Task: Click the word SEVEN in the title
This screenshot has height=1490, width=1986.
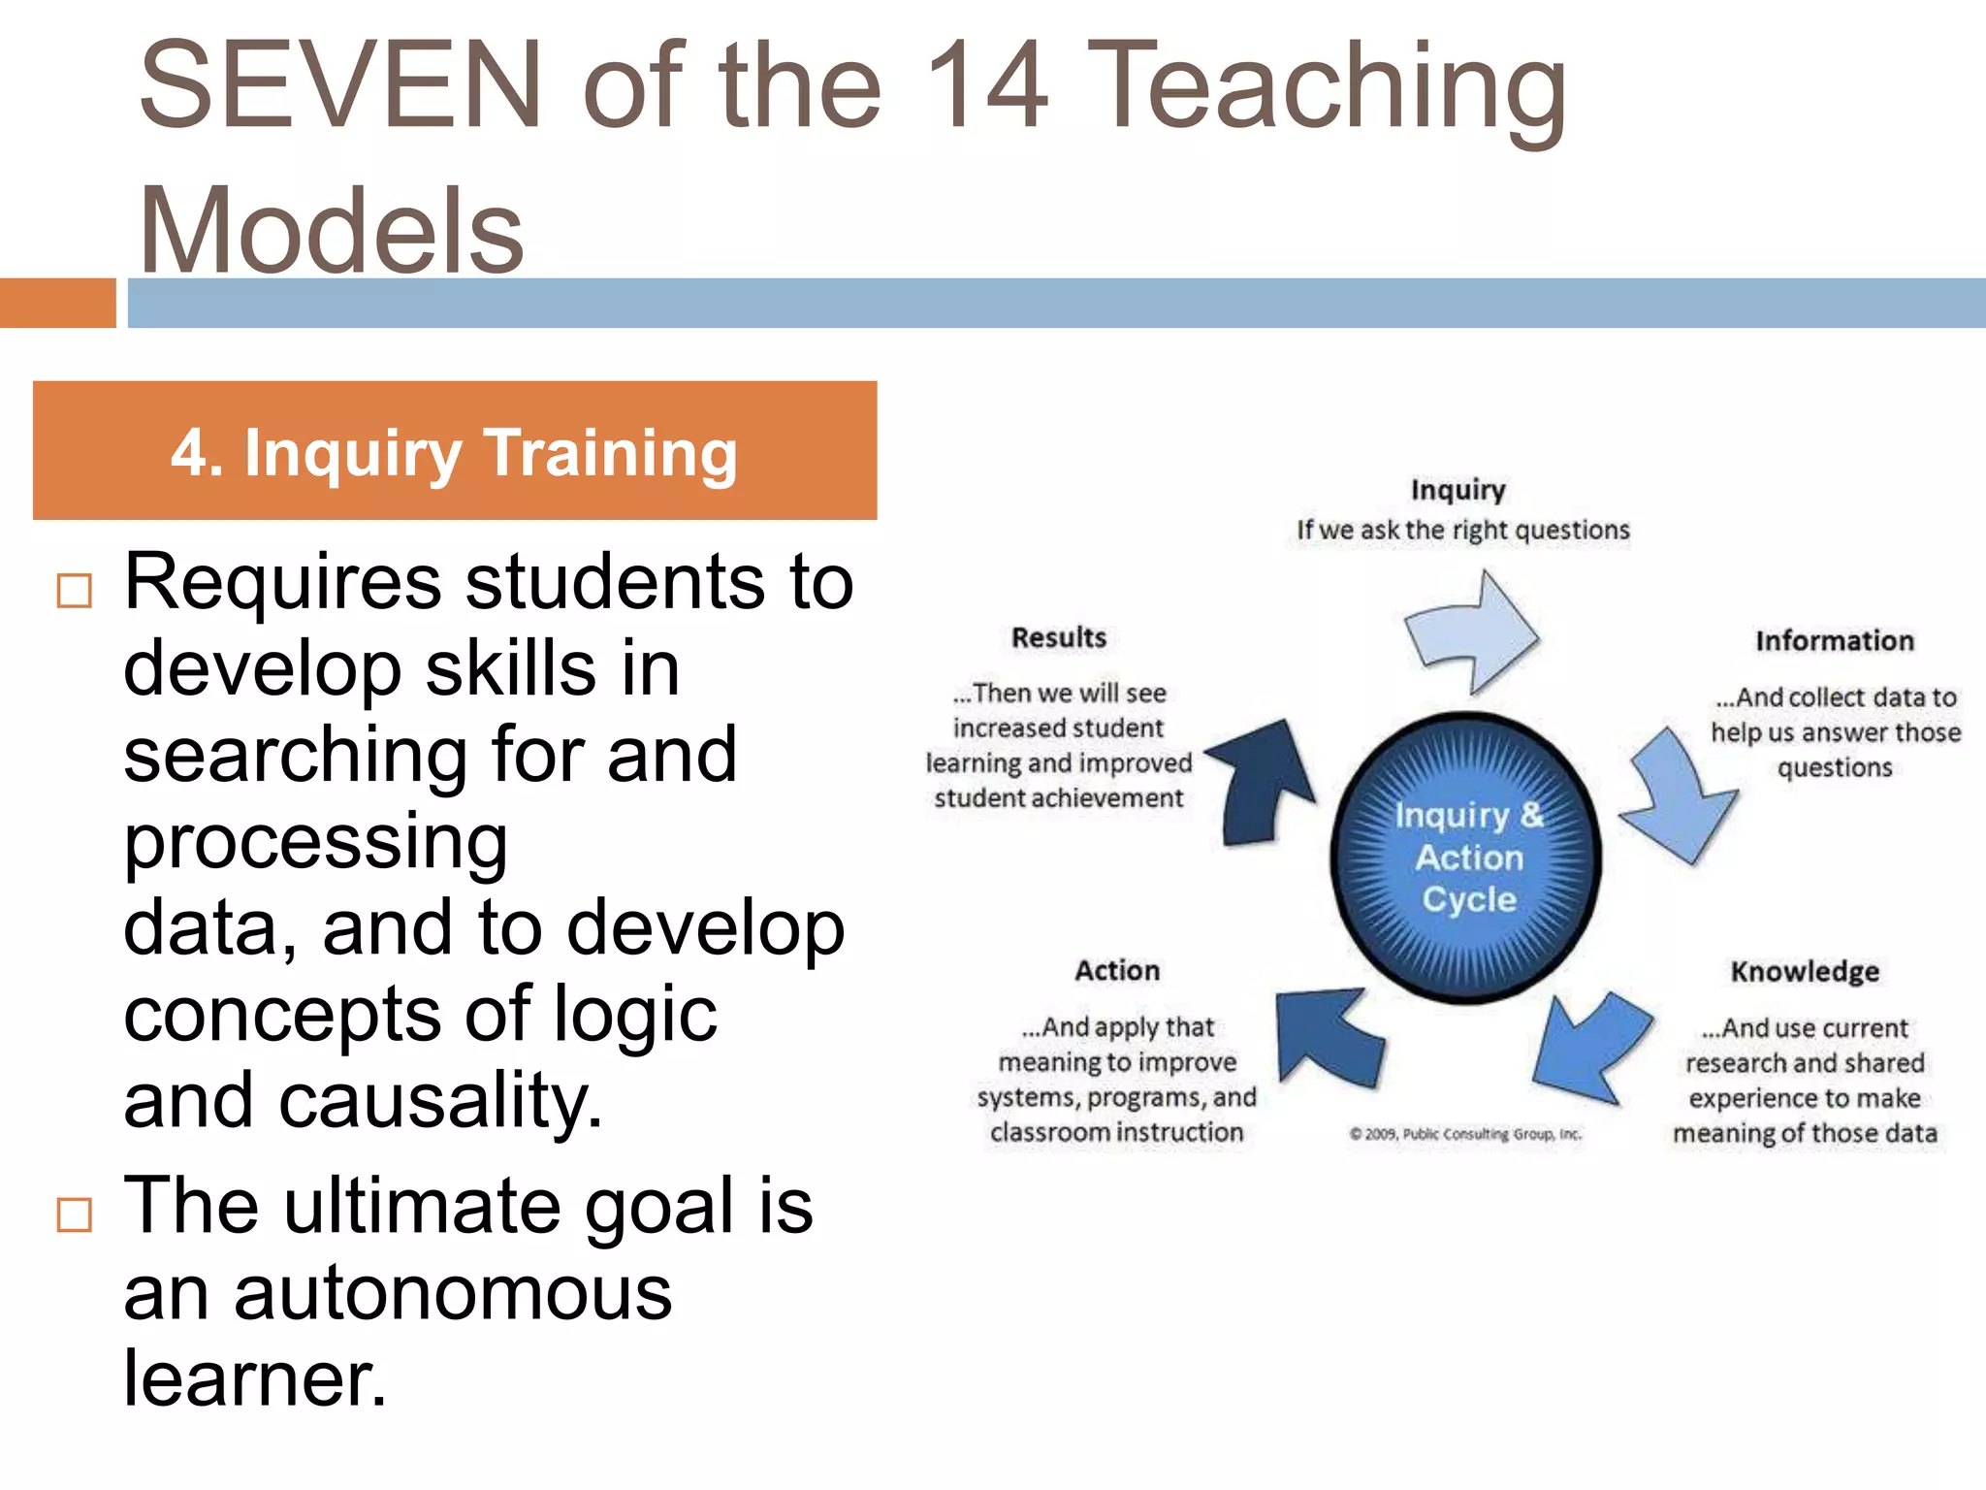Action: (339, 85)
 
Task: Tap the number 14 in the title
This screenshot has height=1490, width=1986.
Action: (985, 85)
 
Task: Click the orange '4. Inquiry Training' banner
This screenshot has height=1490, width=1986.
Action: (454, 451)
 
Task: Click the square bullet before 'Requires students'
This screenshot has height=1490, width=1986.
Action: (75, 591)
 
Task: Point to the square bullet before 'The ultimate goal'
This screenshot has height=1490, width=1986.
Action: (75, 1215)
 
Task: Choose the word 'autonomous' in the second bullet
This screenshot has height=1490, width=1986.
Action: (453, 1294)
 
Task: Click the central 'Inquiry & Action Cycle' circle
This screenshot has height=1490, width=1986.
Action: (1466, 858)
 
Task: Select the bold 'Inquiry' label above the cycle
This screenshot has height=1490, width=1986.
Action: (1457, 490)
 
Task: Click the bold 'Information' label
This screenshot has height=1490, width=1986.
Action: (1834, 641)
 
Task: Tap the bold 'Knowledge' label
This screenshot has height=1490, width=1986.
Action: (1804, 972)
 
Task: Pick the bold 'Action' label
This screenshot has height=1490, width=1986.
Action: (1116, 971)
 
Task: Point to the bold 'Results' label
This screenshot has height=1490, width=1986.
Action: (1058, 638)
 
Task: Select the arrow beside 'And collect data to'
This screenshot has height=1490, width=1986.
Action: (1681, 795)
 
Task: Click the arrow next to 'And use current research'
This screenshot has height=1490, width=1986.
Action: (1591, 1048)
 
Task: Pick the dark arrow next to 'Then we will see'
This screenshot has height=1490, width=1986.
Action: (1265, 781)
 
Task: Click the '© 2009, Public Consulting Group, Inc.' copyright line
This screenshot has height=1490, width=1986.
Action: (1464, 1134)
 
